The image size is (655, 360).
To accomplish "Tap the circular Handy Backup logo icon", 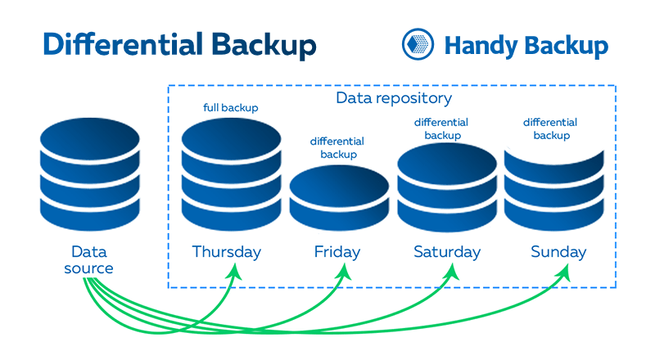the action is pos(418,44).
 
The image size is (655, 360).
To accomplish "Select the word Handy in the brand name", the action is pos(481,46).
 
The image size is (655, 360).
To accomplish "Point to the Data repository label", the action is pos(394,98).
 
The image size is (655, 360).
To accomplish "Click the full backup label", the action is pos(231,108).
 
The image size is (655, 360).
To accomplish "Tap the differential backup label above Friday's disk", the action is pos(337,148).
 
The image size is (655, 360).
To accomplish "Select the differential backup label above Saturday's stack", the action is pos(441,128).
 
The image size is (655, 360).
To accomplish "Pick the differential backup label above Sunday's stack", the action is pos(550,128).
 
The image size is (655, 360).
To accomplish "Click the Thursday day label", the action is pos(227,252).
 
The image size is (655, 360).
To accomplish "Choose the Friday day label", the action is pos(337,252).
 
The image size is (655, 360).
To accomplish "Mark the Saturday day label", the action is pos(447,252).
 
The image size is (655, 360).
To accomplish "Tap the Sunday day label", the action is pos(558,252).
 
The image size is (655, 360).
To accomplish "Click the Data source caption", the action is pos(89,259).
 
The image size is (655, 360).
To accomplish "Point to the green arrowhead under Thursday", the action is pos(235,272).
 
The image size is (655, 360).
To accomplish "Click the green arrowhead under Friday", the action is pos(344,272).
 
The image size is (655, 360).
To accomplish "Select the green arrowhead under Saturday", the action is pos(452,272).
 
